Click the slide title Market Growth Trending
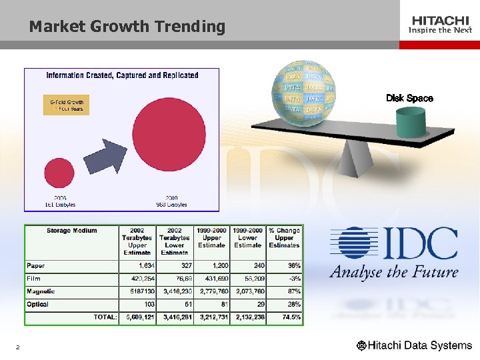(127, 27)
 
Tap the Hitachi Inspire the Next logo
(440, 25)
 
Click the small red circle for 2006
(59, 175)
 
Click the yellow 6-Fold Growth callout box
(67, 105)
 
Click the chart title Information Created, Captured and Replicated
(122, 75)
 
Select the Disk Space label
(409, 99)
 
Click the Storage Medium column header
(71, 231)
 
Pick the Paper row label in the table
(36, 265)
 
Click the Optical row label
(38, 304)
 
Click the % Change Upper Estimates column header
(285, 238)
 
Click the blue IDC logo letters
(394, 243)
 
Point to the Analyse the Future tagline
(393, 272)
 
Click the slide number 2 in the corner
(17, 347)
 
